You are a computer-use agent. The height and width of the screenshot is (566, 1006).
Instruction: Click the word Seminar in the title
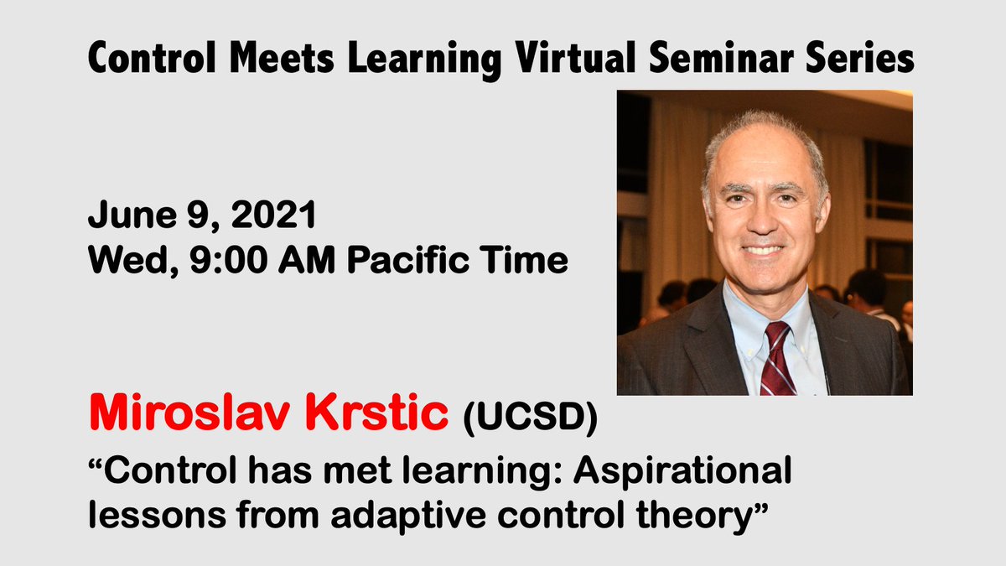(714, 59)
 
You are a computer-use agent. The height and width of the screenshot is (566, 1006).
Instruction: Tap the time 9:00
(214, 262)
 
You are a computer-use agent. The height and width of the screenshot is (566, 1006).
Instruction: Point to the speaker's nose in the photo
(763, 220)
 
